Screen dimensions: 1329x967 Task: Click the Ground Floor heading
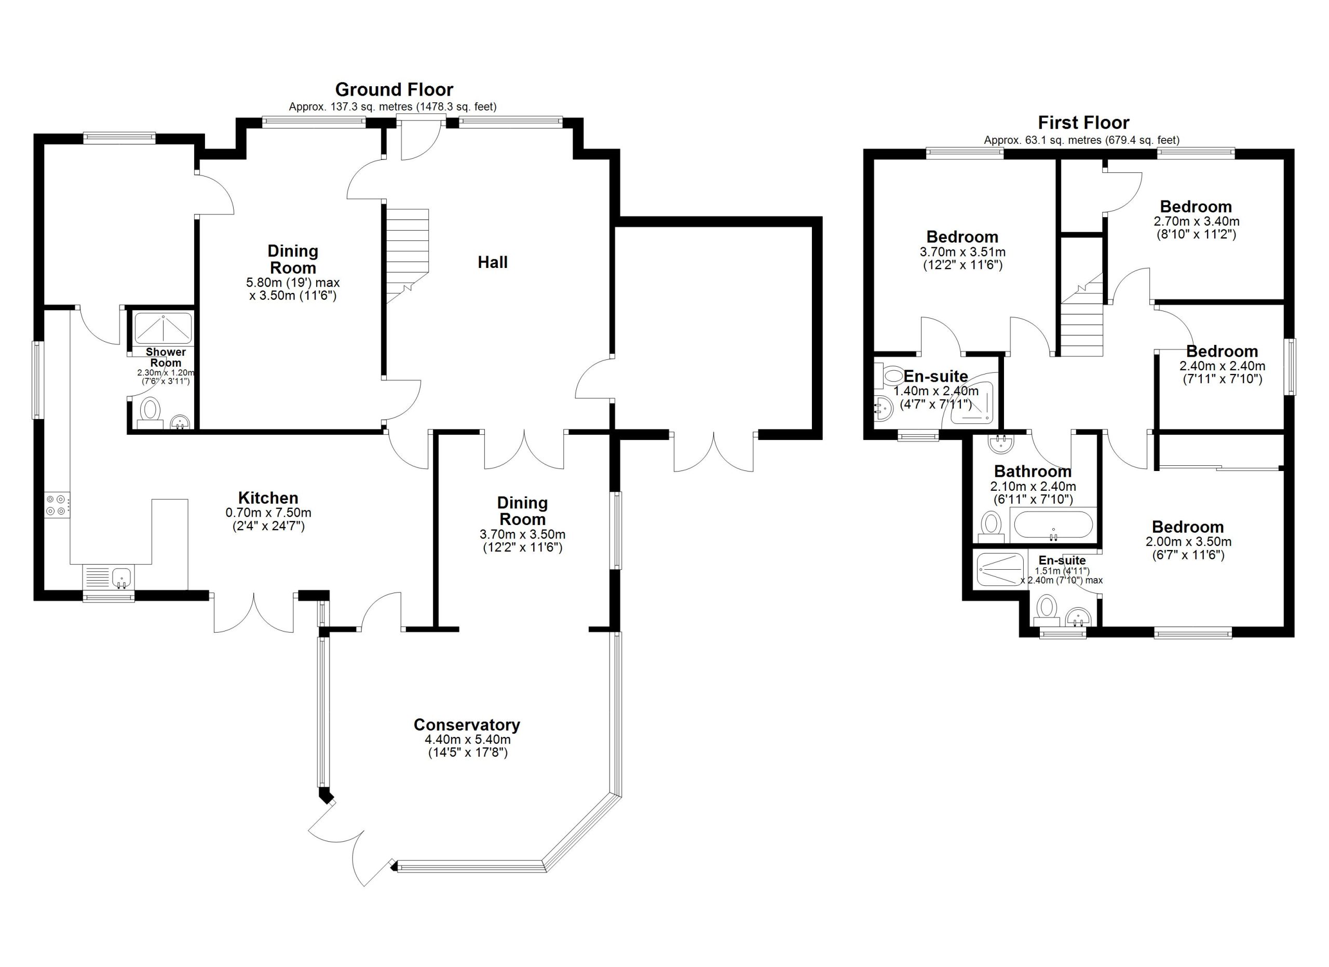394,90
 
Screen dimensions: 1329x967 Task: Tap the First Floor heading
1083,123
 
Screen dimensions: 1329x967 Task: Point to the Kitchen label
268,498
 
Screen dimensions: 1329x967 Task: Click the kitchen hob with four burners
58,505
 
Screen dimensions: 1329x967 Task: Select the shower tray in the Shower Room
164,328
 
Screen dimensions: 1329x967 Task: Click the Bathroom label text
1033,471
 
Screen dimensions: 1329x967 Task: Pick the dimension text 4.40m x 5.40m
467,740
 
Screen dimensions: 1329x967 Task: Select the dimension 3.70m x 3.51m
962,252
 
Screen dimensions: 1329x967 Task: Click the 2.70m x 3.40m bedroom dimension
1196,222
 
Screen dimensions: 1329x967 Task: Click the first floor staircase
1082,316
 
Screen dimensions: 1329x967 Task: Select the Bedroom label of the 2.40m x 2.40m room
1222,351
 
